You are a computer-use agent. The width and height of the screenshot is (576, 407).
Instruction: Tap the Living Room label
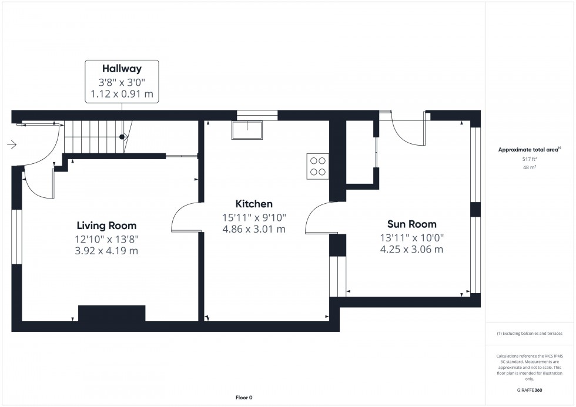coord(106,226)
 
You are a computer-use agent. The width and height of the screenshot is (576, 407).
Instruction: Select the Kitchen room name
coord(254,204)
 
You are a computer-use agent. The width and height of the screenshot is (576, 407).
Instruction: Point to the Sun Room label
coord(411,224)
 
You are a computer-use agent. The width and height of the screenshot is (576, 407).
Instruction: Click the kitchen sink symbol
coord(247,130)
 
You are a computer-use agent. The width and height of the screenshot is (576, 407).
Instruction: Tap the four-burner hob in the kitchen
coord(317,166)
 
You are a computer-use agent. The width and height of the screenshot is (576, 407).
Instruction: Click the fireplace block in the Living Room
coord(112,313)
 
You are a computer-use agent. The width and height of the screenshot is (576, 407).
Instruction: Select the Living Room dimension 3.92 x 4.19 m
coord(106,251)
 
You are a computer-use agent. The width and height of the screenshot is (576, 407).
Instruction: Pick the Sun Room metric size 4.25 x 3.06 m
coord(411,250)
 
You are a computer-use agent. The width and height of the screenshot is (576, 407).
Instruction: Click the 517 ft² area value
coord(530,159)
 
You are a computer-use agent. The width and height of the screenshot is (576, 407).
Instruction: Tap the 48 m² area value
coord(530,167)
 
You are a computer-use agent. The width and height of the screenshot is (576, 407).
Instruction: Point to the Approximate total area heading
coord(530,150)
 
